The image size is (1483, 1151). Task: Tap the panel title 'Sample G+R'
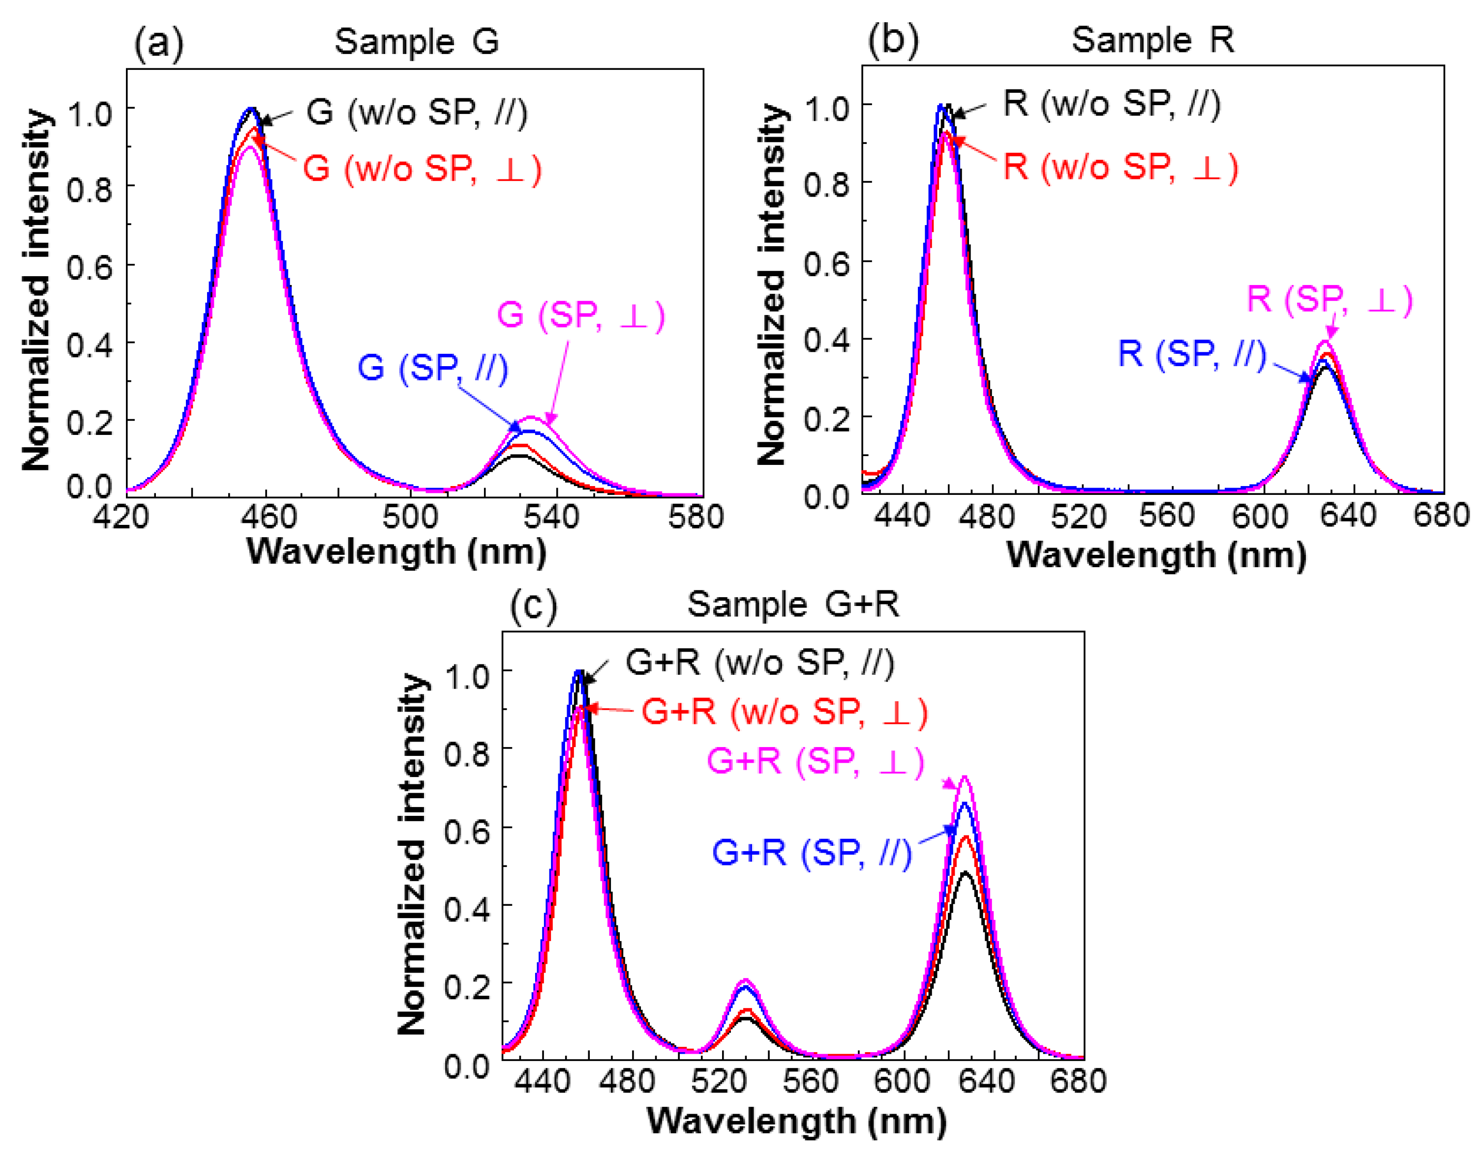793,604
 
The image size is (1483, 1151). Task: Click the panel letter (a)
158,45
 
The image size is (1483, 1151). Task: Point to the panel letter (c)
533,606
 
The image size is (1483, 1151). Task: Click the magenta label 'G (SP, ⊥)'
580,316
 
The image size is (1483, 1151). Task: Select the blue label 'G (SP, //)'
432,369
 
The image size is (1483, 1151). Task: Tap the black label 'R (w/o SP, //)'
1112,105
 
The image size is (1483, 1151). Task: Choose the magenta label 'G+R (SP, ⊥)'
816,761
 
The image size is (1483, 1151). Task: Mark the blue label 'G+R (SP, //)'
812,852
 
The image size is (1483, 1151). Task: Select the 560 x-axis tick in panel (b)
1167,516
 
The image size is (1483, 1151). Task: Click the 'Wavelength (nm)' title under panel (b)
1156,555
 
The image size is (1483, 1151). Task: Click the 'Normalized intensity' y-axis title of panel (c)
413,855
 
